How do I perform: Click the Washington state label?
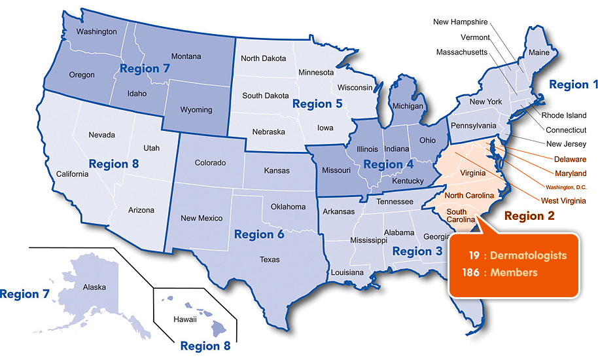tap(96, 31)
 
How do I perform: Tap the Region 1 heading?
tap(573, 84)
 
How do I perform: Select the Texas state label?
tap(270, 260)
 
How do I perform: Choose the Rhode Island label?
tap(564, 115)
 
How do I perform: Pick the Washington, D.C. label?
tap(561, 187)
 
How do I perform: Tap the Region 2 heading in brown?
tap(531, 215)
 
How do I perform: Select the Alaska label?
tap(94, 287)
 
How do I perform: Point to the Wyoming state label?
tap(196, 110)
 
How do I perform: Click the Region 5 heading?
tap(317, 103)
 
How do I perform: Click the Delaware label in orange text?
tap(569, 159)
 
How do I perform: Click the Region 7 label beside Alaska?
tap(25, 295)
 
